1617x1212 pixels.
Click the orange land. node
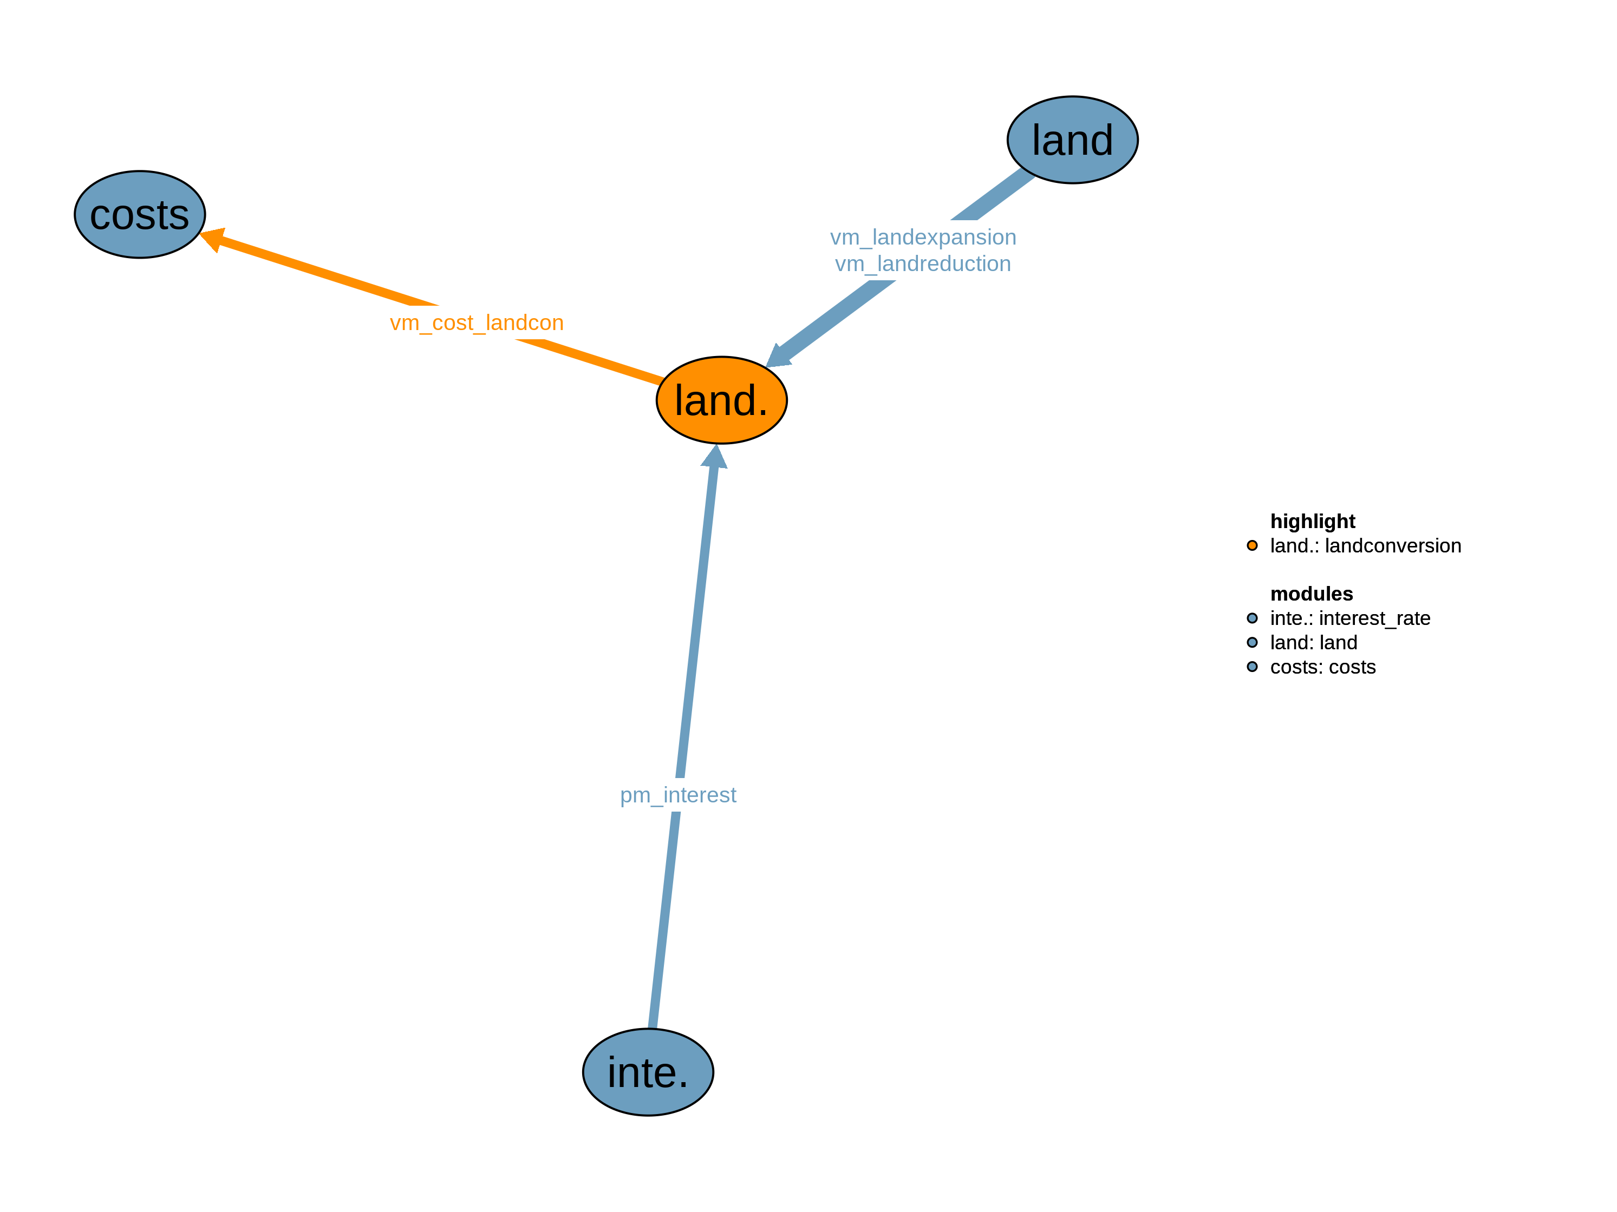point(721,400)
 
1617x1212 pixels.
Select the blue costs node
point(140,214)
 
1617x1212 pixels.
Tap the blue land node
point(1072,140)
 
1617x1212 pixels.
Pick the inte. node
point(648,1072)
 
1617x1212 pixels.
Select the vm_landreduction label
point(923,264)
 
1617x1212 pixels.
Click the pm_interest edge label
point(677,794)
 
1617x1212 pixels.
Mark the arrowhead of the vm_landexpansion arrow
point(778,356)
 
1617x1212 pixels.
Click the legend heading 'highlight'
point(1312,521)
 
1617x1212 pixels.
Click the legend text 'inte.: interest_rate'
point(1349,618)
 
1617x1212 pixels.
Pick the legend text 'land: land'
point(1313,642)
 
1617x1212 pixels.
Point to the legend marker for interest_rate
point(1252,618)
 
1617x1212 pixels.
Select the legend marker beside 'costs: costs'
point(1252,666)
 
